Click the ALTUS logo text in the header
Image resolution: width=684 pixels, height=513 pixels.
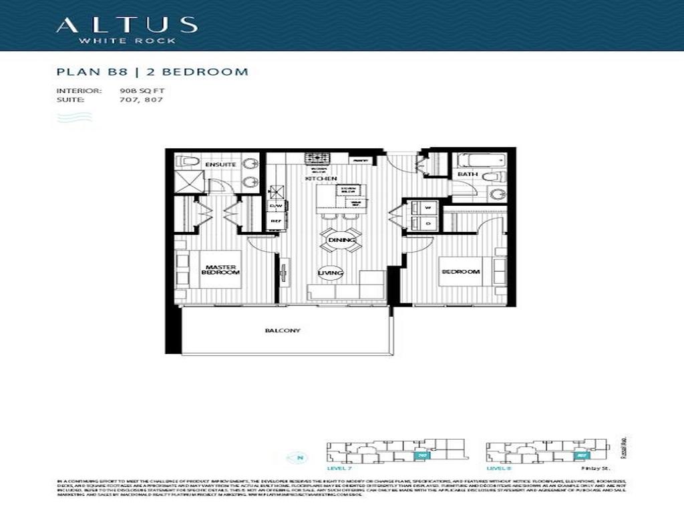click(x=126, y=25)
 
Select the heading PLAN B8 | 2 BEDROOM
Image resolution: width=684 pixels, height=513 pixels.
click(x=152, y=71)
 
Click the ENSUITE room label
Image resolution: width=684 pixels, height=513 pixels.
click(x=219, y=164)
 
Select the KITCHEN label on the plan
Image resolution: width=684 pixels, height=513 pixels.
click(x=321, y=179)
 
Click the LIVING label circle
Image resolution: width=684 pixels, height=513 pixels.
click(x=331, y=273)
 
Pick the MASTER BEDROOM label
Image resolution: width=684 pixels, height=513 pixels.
click(x=220, y=270)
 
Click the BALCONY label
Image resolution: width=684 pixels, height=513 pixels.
click(x=282, y=331)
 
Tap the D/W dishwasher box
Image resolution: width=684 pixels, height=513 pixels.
click(x=275, y=206)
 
